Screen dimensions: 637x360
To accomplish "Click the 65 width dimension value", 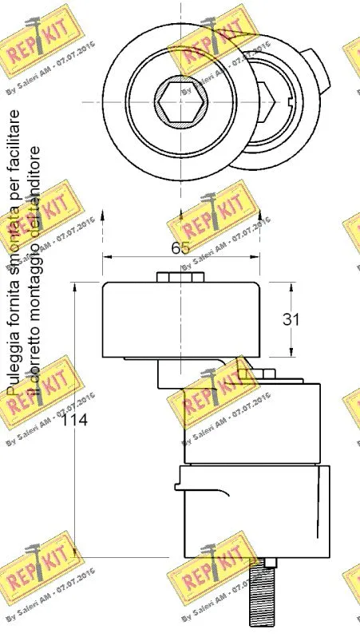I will click(181, 247).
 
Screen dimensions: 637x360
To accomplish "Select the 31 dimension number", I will click(293, 319).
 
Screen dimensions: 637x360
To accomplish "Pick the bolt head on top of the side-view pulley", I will click(180, 276).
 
